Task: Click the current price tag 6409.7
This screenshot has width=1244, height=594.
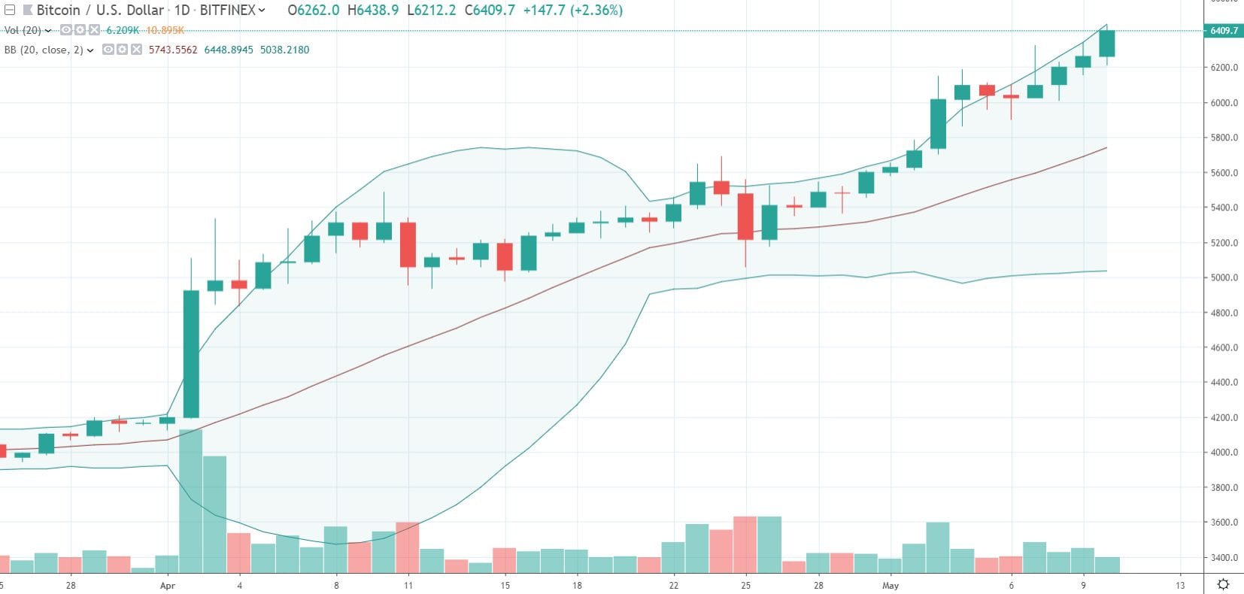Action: [x=1224, y=31]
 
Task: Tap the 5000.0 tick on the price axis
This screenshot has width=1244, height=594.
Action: [x=1224, y=277]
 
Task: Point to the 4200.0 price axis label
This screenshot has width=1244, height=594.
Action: [x=1224, y=417]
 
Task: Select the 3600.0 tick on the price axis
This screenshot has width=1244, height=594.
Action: [x=1224, y=523]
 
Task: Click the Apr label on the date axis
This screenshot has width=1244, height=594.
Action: [x=168, y=585]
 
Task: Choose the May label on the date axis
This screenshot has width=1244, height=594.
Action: [x=891, y=585]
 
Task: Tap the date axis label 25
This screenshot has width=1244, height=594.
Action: [x=745, y=585]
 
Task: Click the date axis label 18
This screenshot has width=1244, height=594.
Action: [x=577, y=585]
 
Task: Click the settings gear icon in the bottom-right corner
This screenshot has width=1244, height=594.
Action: [x=1224, y=584]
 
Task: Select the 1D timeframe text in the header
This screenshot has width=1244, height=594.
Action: [x=182, y=11]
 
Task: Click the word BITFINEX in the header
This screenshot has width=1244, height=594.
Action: [x=227, y=11]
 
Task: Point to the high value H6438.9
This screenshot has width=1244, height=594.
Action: [x=373, y=11]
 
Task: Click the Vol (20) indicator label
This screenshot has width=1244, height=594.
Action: [x=23, y=30]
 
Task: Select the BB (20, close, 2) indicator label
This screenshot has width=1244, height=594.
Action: [x=44, y=50]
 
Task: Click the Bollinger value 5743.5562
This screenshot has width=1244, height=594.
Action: [x=173, y=50]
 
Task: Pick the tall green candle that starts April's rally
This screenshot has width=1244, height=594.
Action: [x=191, y=353]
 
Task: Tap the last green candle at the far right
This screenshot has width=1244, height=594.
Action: [x=1106, y=43]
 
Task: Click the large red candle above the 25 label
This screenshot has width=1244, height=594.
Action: [x=745, y=217]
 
